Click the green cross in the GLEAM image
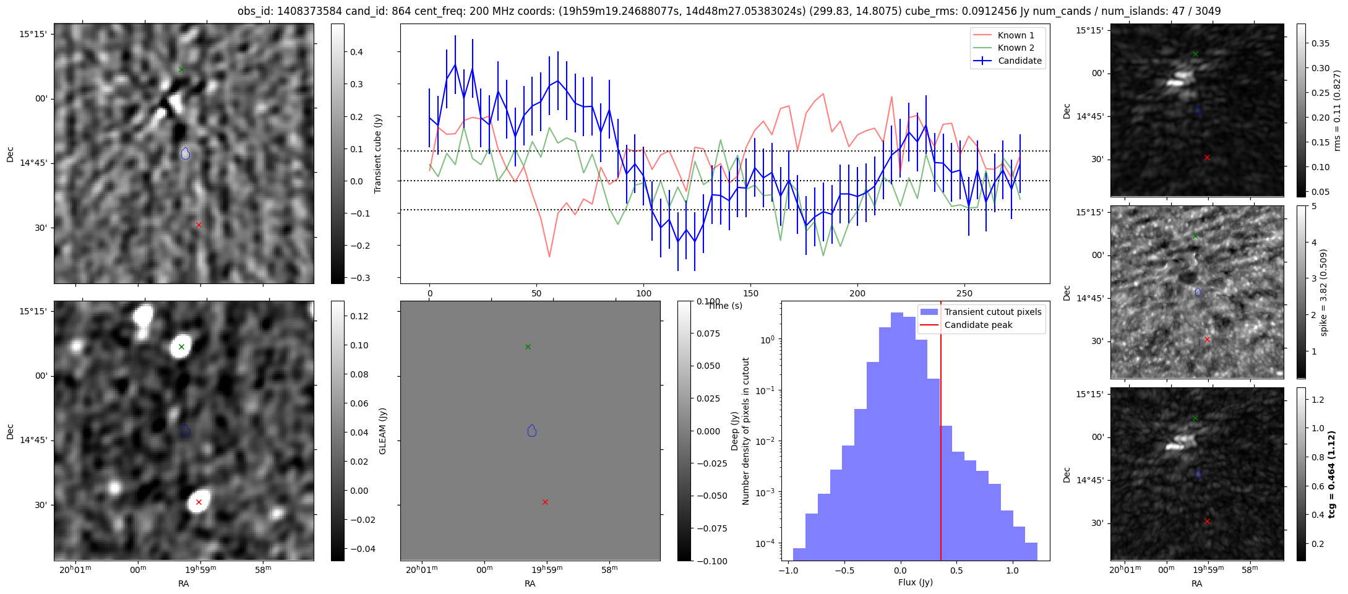pos(181,346)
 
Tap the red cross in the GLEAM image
pos(199,502)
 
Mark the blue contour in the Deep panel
pos(532,431)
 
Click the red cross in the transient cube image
pos(199,225)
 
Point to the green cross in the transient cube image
pos(181,69)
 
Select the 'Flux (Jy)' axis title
pos(915,582)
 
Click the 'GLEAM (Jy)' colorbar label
pos(382,431)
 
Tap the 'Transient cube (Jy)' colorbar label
pos(377,153)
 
